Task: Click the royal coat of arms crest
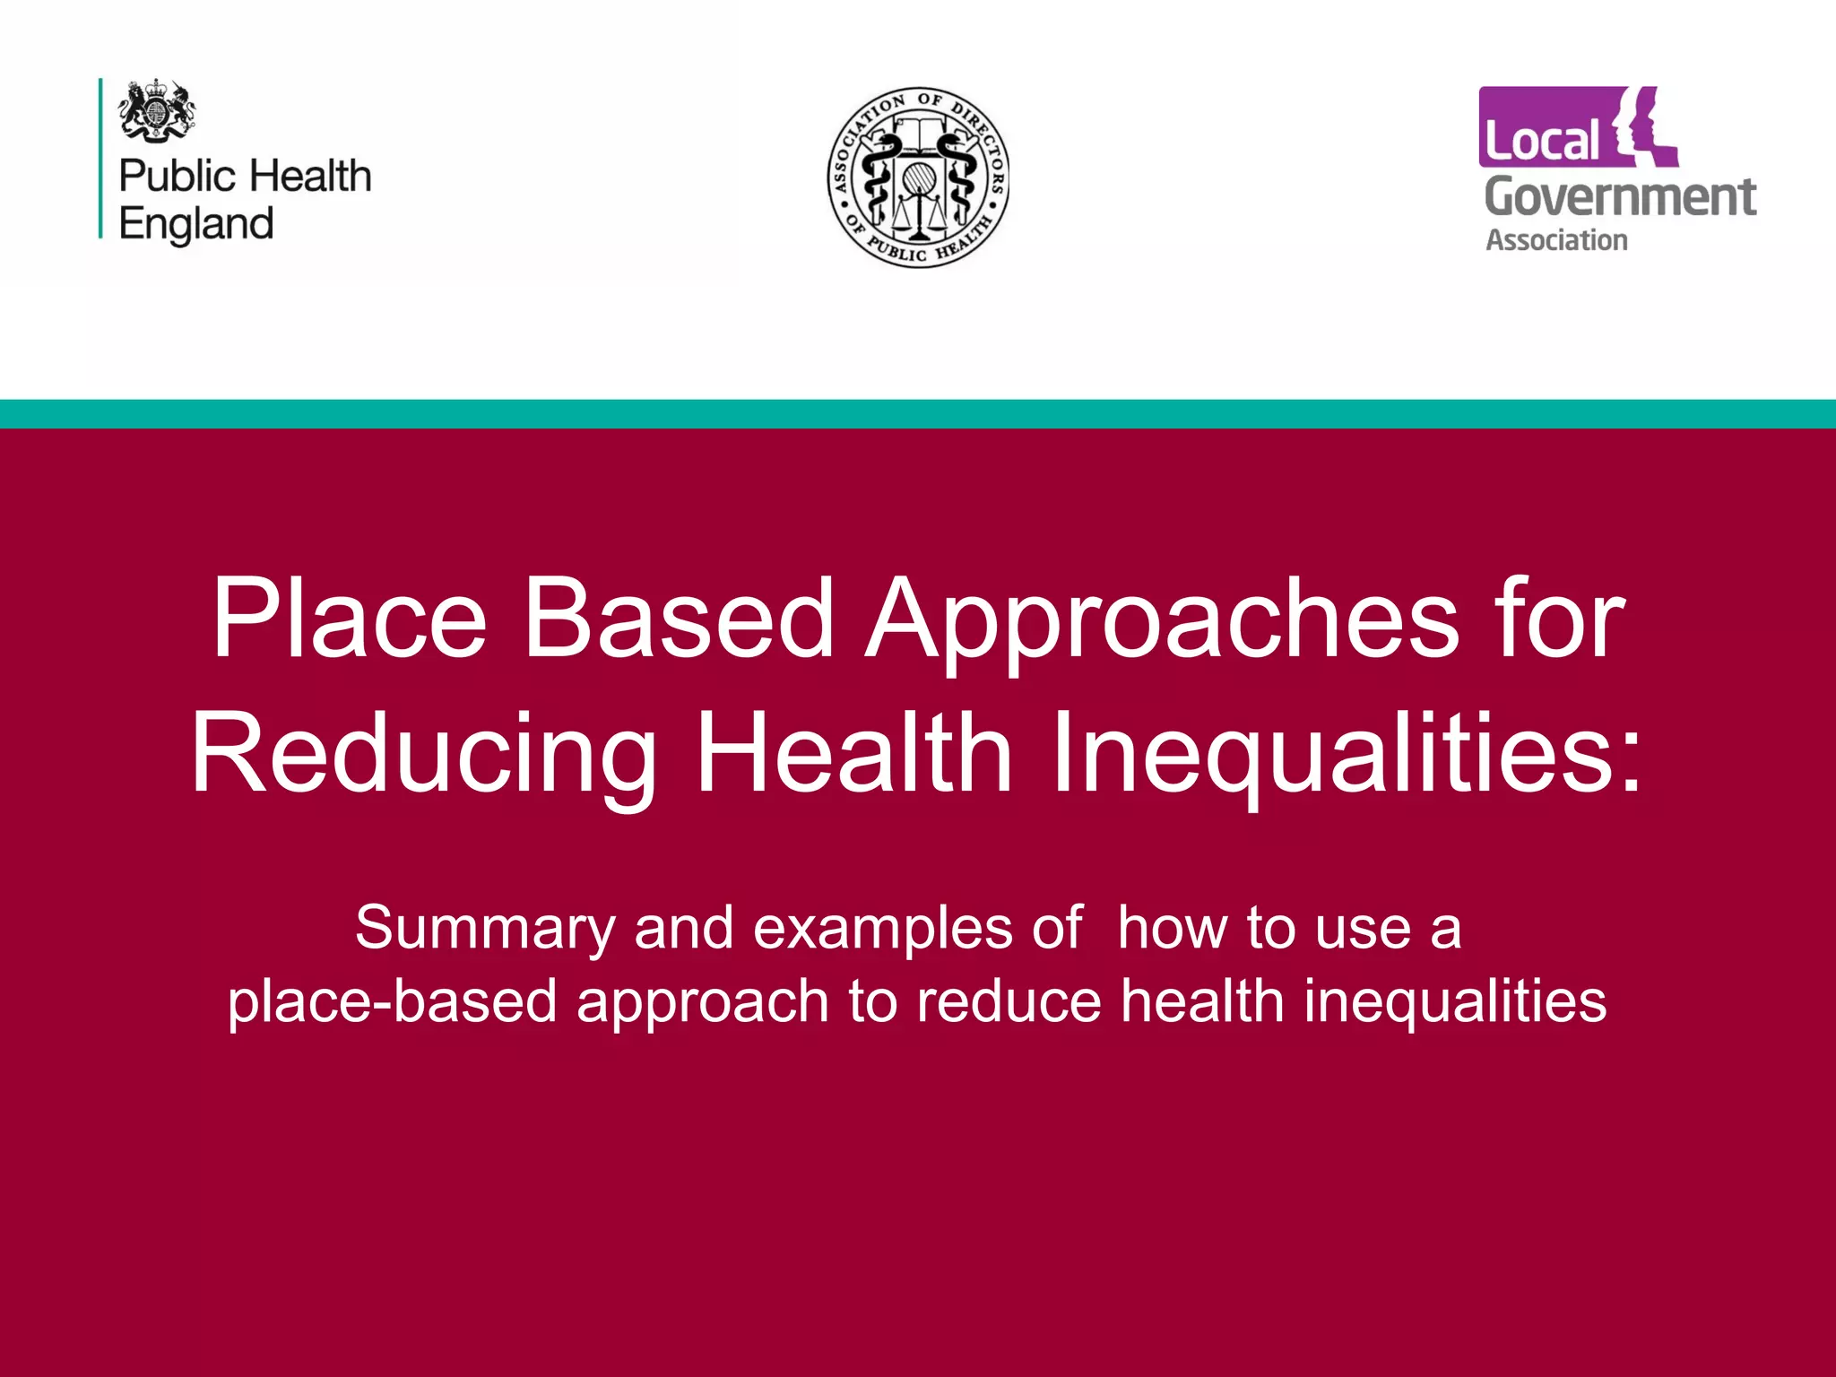pos(157,109)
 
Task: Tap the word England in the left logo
pos(196,224)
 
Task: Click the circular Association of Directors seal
pos(918,177)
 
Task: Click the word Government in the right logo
pos(1620,197)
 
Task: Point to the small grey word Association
pos(1556,240)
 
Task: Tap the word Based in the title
pos(679,619)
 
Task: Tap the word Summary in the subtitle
pos(485,929)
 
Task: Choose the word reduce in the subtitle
pos(1009,1000)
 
